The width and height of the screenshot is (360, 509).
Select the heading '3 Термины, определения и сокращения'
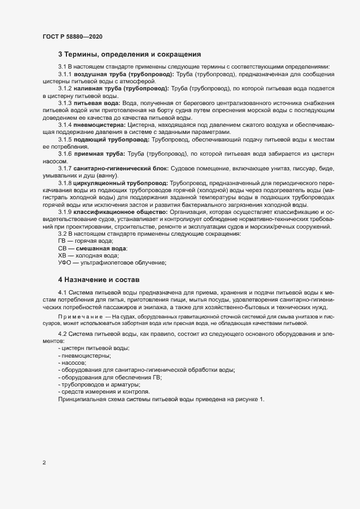coord(130,54)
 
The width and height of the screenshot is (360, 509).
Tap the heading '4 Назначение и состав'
coord(99,279)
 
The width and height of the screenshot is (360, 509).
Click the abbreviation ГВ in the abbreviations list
coord(63,241)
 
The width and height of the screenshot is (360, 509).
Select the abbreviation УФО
coord(65,262)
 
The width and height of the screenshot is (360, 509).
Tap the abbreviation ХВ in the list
coord(63,255)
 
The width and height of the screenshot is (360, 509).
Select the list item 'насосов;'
coord(74,363)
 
